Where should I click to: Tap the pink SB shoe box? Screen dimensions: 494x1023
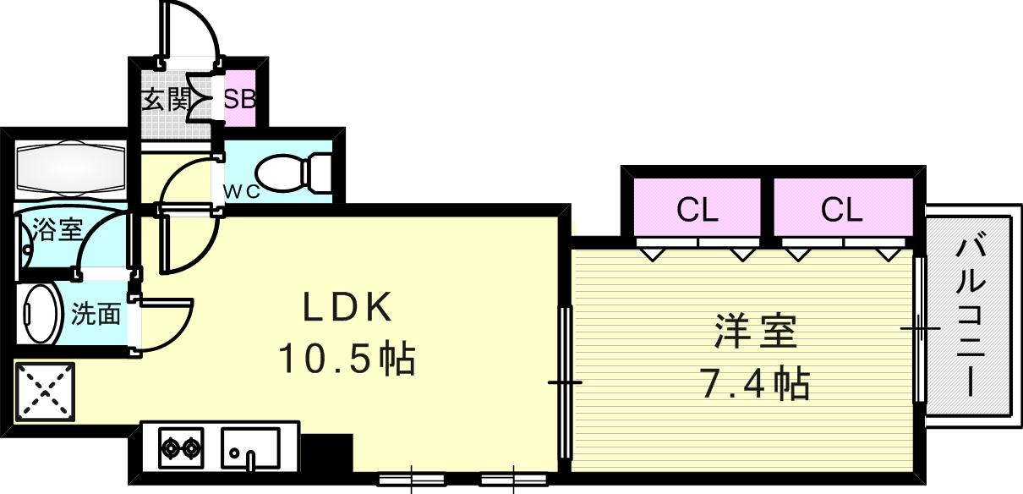tap(239, 99)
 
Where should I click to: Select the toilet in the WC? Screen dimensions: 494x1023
tap(292, 173)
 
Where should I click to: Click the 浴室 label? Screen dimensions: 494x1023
tap(57, 230)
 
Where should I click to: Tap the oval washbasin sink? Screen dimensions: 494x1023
tap(40, 314)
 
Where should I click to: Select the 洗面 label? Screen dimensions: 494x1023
tap(95, 315)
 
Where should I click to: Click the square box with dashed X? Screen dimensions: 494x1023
tap(45, 392)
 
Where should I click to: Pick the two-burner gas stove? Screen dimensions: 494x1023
tap(182, 446)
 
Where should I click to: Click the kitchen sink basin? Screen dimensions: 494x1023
tap(250, 446)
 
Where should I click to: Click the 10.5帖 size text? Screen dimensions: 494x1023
tap(347, 360)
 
